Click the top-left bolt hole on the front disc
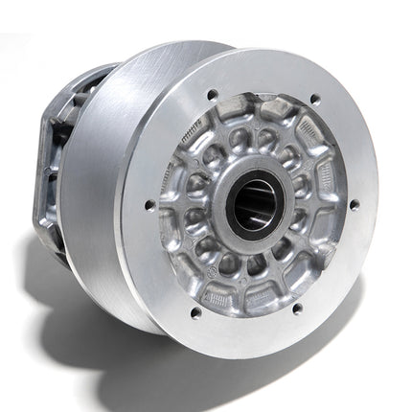click(212, 96)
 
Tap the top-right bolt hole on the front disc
click(316, 100)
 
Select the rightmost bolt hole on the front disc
click(355, 204)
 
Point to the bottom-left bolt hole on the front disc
click(196, 312)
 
